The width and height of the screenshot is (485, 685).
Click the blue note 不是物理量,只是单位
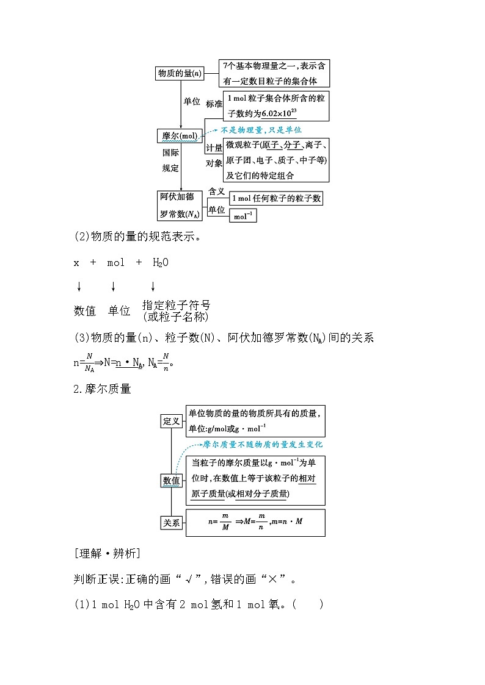pyautogui.click(x=261, y=130)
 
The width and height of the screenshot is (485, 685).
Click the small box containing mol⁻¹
pyautogui.click(x=242, y=215)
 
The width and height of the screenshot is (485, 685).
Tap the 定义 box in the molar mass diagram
pyautogui.click(x=172, y=421)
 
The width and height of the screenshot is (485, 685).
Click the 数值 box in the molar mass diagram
pyautogui.click(x=172, y=481)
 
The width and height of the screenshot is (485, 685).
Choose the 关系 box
pyautogui.click(x=172, y=523)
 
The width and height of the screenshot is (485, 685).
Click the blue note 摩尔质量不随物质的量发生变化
pyautogui.click(x=263, y=445)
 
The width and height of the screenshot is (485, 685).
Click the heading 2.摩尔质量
pyautogui.click(x=103, y=389)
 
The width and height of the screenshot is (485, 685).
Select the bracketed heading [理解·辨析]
pyautogui.click(x=107, y=554)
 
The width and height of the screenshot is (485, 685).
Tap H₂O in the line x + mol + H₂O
pyautogui.click(x=160, y=262)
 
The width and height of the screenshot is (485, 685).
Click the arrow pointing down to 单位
pyautogui.click(x=113, y=287)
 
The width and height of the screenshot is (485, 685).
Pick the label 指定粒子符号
pyautogui.click(x=176, y=305)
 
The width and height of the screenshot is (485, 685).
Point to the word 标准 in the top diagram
pyautogui.click(x=214, y=104)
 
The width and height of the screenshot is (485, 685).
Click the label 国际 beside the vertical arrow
pyautogui.click(x=170, y=153)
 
